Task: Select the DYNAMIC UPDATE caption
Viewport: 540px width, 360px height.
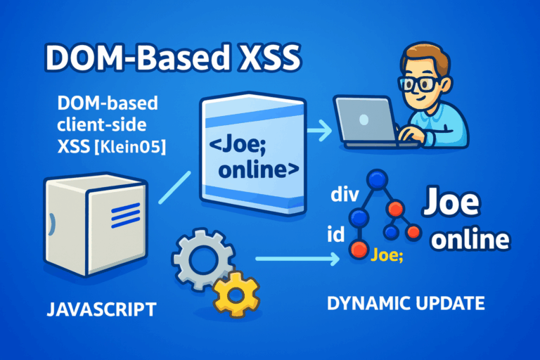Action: [x=406, y=304]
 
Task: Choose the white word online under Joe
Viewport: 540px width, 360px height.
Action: [x=470, y=240]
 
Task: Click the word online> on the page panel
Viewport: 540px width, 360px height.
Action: [x=257, y=171]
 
